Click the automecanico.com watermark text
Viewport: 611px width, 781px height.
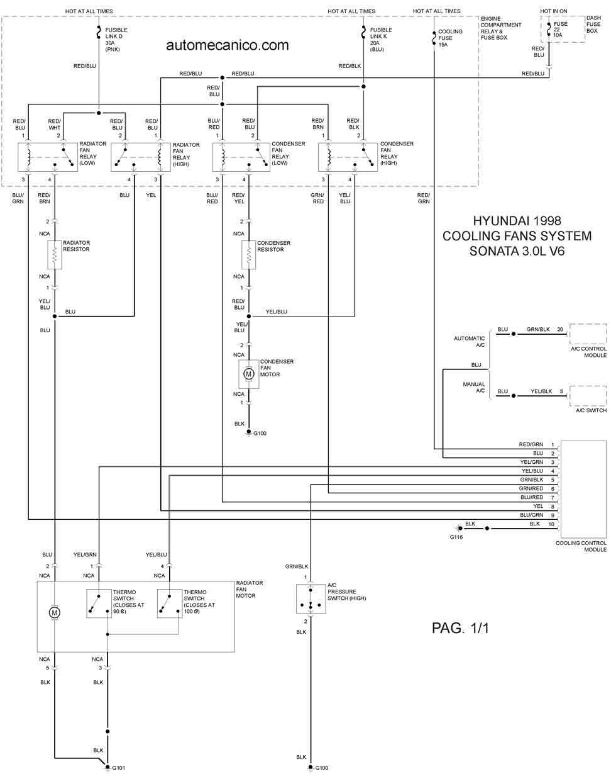[228, 45]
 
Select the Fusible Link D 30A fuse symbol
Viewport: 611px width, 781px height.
[99, 33]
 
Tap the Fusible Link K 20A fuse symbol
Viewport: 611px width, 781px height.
[363, 33]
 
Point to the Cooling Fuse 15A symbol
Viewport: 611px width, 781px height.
[434, 38]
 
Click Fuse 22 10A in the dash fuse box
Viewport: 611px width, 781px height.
[549, 30]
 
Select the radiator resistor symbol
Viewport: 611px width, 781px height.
[55, 255]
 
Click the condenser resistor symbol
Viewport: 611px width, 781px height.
[249, 255]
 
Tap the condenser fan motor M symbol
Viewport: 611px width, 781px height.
[249, 374]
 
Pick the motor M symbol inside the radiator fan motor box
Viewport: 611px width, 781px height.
[55, 613]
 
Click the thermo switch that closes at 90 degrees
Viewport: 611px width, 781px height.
[99, 604]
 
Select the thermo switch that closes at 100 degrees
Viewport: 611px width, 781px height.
[170, 604]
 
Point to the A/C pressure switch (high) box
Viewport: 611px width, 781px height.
[311, 598]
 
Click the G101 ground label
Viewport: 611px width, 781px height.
[118, 768]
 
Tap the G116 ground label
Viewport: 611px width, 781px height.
[456, 537]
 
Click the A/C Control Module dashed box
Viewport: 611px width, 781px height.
[588, 334]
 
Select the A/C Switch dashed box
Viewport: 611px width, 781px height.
[588, 396]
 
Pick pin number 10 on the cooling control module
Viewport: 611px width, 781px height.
[551, 524]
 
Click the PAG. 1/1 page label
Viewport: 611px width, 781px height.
[460, 628]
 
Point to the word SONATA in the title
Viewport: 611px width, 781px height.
[493, 251]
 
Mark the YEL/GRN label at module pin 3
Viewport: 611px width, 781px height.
[532, 462]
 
